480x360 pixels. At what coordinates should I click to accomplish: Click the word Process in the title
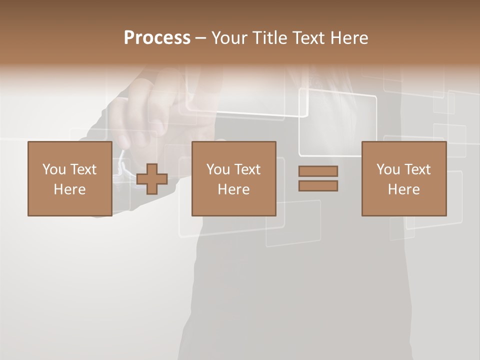click(x=157, y=38)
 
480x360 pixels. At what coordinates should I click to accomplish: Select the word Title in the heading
click(x=270, y=38)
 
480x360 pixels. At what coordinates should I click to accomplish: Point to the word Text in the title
click(x=308, y=38)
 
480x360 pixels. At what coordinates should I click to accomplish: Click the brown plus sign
click(x=152, y=179)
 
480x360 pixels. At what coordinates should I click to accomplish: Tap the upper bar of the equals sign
click(x=318, y=171)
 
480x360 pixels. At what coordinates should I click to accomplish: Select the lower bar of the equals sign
click(x=318, y=186)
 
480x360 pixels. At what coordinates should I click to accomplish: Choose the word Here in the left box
click(x=69, y=189)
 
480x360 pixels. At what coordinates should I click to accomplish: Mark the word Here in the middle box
click(x=233, y=189)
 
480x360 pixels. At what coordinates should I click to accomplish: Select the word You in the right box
click(x=388, y=169)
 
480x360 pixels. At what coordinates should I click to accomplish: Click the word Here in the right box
click(x=403, y=189)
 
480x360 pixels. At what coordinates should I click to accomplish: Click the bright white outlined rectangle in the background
click(x=338, y=122)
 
